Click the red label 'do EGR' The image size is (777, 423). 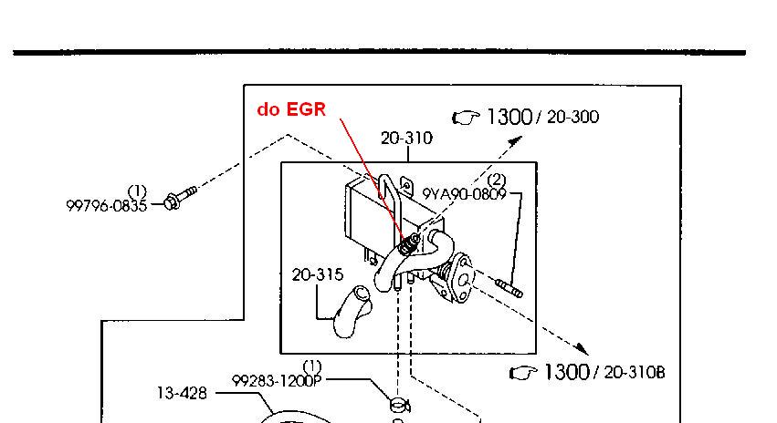289,109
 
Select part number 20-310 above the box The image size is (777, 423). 406,139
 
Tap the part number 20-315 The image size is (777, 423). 318,274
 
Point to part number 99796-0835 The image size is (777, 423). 106,205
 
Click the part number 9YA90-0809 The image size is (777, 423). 464,194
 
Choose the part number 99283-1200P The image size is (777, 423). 278,381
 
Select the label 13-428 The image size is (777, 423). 182,394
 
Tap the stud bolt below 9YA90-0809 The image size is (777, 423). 509,289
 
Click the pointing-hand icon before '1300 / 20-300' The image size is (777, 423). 467,118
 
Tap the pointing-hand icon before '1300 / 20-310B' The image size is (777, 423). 523,372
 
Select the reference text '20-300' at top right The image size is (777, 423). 572,118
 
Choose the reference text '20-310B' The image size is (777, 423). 634,372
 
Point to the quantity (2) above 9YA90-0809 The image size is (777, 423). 497,181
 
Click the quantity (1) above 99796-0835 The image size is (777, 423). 137,191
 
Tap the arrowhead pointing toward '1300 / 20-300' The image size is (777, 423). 517,139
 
